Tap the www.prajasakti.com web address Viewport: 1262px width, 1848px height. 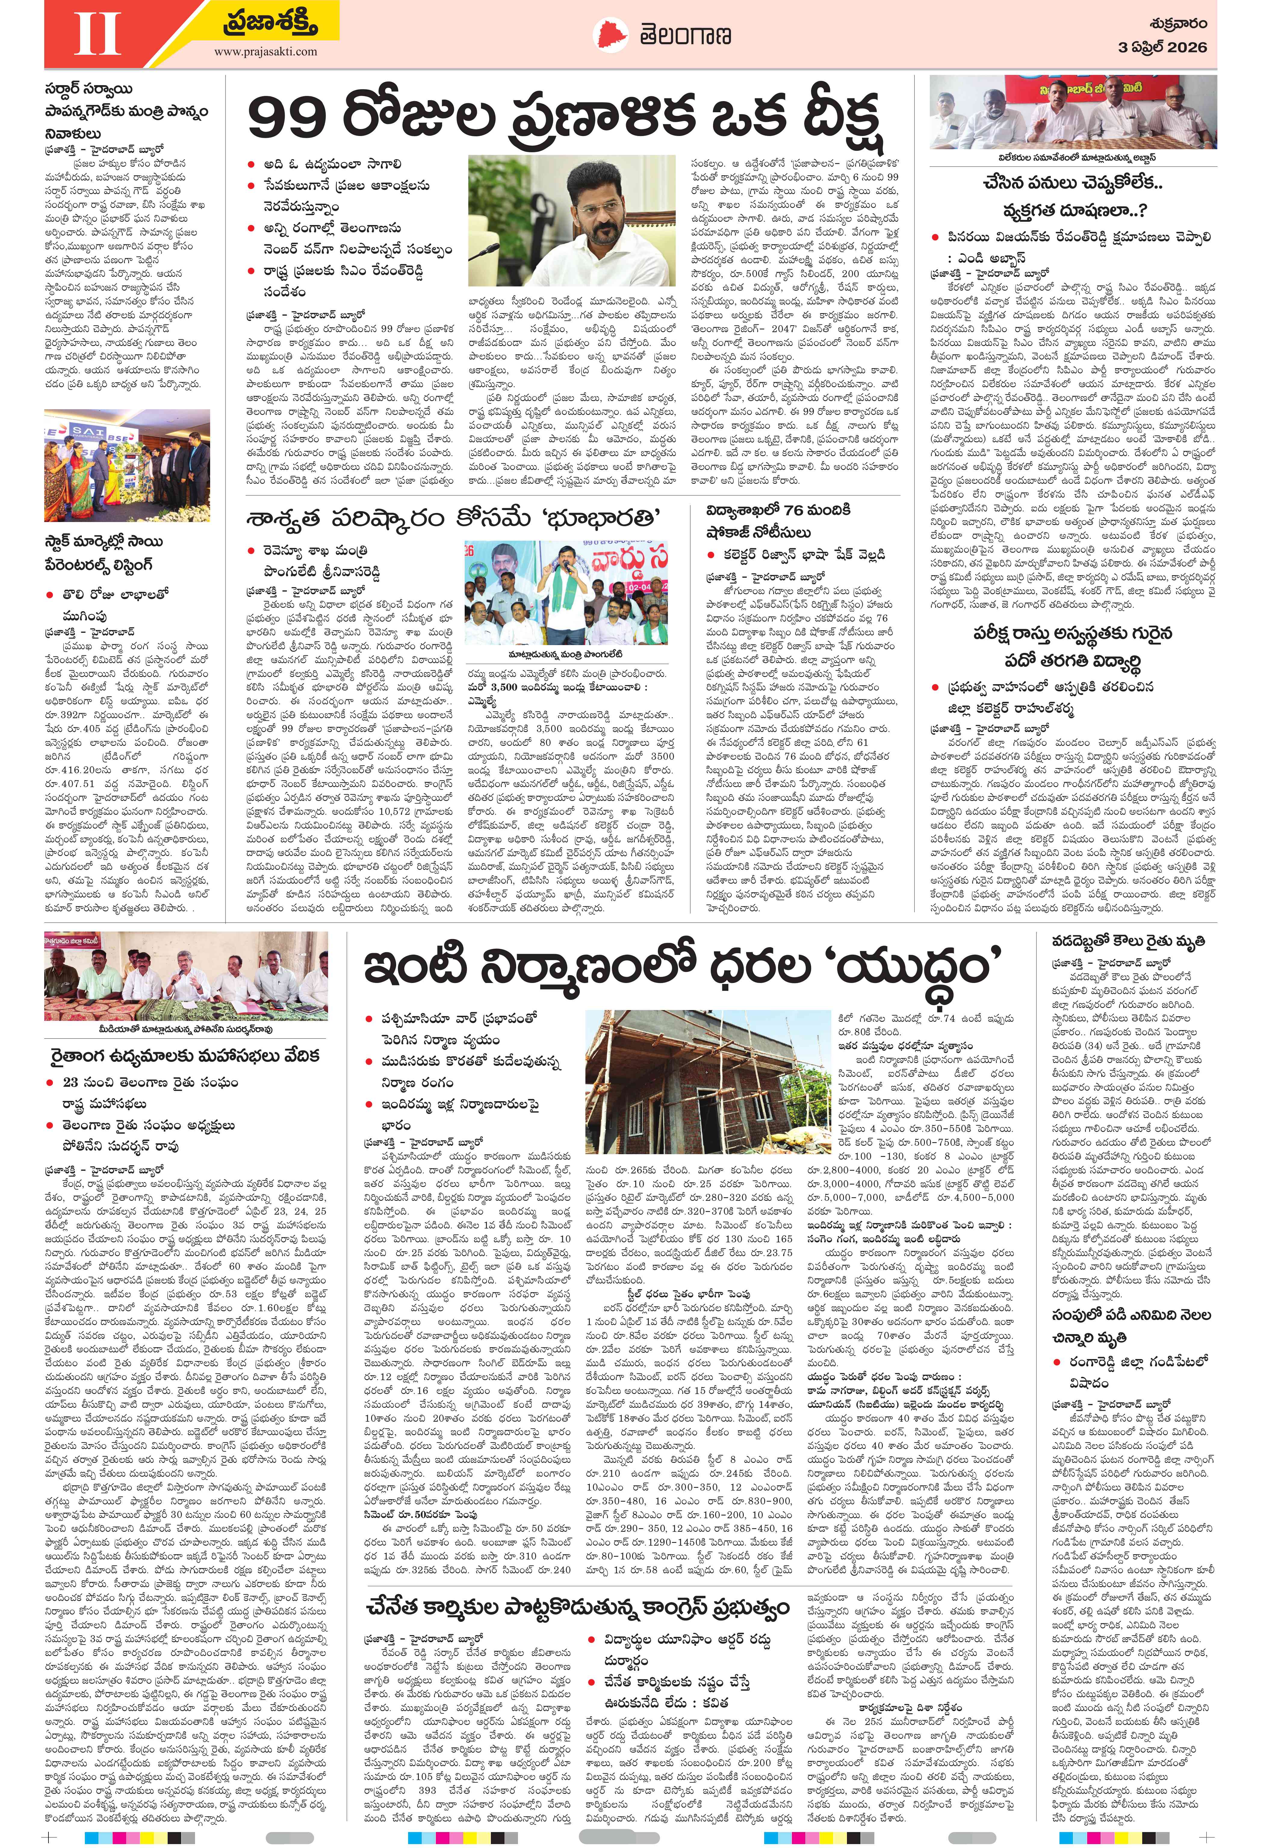point(265,52)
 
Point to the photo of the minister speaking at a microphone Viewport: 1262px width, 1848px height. point(566,592)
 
